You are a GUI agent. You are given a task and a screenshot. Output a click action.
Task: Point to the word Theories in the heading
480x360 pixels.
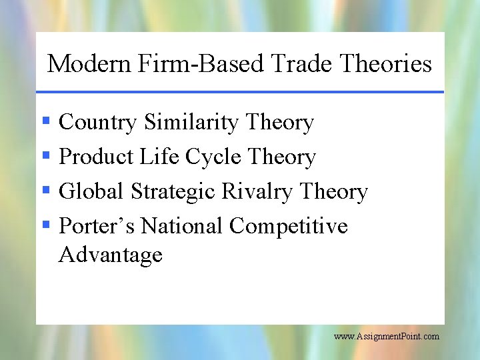pos(386,64)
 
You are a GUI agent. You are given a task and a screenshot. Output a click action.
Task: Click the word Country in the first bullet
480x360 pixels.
pos(98,123)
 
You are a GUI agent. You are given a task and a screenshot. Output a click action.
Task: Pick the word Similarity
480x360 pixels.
pos(191,123)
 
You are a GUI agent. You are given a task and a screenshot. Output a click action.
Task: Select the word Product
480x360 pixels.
pos(97,157)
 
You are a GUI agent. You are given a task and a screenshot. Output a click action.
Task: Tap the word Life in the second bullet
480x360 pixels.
pos(159,157)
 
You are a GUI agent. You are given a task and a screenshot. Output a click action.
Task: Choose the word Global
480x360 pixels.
pos(91,192)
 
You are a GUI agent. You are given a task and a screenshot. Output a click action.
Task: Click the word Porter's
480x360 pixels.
pos(97,227)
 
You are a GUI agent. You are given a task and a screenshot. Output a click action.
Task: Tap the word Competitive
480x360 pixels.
pos(289,227)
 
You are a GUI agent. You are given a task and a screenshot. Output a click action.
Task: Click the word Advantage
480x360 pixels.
pos(111,255)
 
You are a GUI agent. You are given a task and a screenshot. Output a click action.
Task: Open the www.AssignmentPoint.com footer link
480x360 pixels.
pos(387,337)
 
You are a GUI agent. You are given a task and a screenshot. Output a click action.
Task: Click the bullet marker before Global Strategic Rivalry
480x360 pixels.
pos(46,191)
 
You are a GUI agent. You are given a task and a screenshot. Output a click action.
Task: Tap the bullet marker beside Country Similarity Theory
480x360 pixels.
pos(46,122)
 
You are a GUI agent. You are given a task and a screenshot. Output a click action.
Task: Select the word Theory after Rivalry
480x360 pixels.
pos(334,192)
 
